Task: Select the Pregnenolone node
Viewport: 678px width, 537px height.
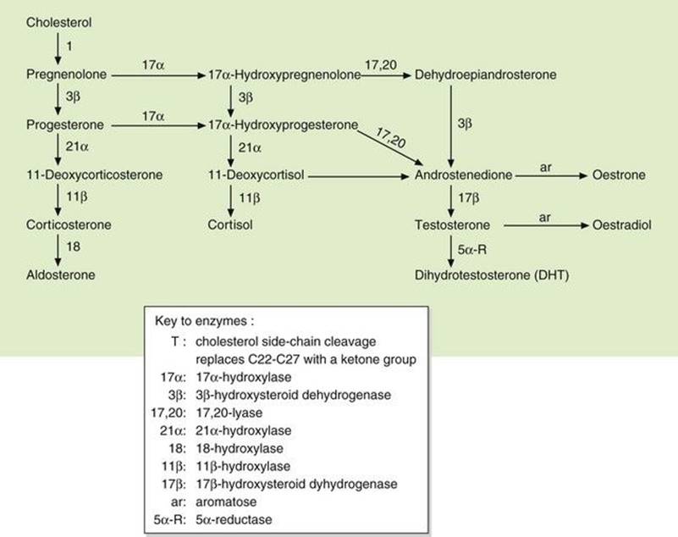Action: (67, 75)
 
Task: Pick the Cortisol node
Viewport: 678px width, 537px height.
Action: (230, 225)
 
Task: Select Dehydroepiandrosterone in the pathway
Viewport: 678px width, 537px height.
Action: (486, 75)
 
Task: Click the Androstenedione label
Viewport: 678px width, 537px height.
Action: (464, 175)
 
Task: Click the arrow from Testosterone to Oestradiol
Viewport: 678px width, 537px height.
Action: (541, 226)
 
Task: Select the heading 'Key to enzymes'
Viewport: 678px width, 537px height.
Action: (206, 321)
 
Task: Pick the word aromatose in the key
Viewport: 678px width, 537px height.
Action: (224, 501)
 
